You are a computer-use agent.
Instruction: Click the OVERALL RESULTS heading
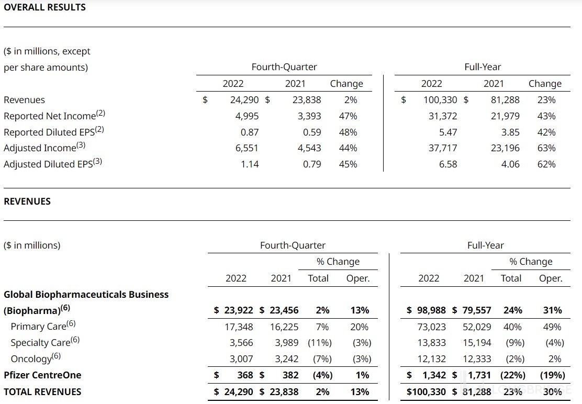[44, 7]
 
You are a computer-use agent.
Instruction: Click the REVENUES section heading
[27, 201]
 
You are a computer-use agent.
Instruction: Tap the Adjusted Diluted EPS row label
[53, 164]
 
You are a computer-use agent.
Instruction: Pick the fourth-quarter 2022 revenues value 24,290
[244, 99]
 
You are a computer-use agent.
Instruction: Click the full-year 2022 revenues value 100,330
[440, 99]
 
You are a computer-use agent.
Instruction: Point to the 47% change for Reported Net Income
[348, 116]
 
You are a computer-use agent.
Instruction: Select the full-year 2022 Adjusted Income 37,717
[442, 148]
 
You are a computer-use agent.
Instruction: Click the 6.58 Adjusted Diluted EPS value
[449, 164]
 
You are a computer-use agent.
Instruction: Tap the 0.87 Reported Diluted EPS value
[250, 132]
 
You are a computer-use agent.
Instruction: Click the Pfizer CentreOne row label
[42, 375]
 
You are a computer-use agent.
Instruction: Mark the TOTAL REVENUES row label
[42, 391]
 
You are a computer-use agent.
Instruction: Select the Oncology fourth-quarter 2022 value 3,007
[241, 358]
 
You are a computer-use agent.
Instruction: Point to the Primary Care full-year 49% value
[552, 327]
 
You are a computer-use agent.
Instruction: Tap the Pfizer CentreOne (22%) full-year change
[513, 375]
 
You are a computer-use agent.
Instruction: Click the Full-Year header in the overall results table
[483, 67]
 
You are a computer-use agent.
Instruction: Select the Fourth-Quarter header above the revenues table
[293, 245]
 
